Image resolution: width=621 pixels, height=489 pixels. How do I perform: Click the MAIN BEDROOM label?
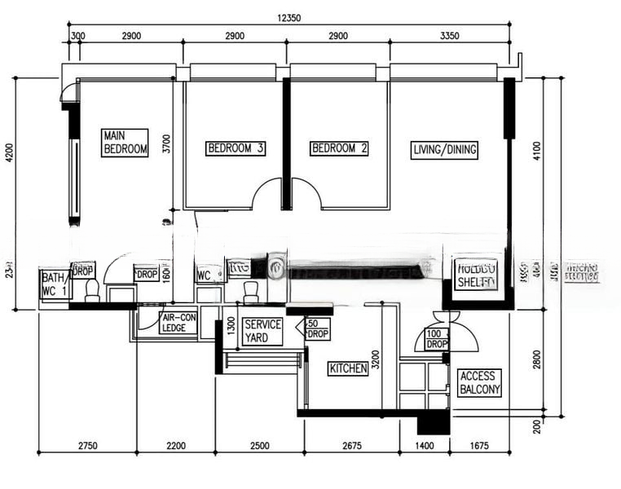pyautogui.click(x=125, y=142)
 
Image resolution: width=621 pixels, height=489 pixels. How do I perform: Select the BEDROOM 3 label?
pyautogui.click(x=236, y=148)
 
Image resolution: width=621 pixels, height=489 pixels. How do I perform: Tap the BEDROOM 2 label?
pyautogui.click(x=340, y=148)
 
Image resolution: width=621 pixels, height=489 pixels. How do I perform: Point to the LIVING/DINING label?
pyautogui.click(x=444, y=149)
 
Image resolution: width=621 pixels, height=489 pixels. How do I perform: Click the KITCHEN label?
pyautogui.click(x=348, y=369)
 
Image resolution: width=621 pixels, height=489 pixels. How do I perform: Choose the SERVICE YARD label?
pyautogui.click(x=262, y=331)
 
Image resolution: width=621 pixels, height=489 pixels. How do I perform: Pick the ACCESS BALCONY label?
pyautogui.click(x=480, y=383)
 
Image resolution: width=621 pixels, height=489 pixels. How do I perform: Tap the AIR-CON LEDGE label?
pyautogui.click(x=178, y=323)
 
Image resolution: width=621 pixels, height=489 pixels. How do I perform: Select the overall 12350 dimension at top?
pyautogui.click(x=288, y=17)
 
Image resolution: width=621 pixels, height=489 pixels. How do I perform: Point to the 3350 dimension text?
pyautogui.click(x=450, y=37)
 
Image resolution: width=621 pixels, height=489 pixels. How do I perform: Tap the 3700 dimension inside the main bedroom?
pyautogui.click(x=165, y=144)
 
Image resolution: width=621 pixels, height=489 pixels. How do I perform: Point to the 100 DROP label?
pyautogui.click(x=437, y=339)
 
